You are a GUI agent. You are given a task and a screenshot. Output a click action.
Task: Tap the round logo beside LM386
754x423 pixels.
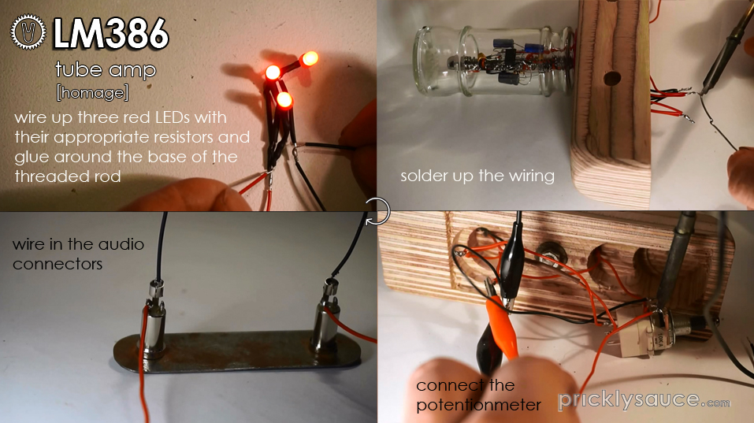[x=28, y=33]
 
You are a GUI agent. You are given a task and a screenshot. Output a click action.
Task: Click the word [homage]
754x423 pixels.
[x=92, y=92]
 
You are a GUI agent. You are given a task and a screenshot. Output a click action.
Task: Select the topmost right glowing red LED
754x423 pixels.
[x=309, y=58]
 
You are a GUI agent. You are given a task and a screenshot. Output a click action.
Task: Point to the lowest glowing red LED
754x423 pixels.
[x=284, y=100]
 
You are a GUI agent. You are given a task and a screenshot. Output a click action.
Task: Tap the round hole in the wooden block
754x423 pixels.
[x=609, y=79]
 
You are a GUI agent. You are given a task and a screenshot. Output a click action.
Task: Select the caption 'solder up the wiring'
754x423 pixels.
[x=477, y=176]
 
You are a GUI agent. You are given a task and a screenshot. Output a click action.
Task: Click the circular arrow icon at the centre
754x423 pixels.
[x=377, y=210]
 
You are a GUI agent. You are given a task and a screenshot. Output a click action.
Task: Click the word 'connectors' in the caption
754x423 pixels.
[x=58, y=264]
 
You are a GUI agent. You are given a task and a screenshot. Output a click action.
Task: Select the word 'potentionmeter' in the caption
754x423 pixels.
[x=478, y=405]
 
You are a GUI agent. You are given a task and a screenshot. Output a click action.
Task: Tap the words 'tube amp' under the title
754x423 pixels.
[x=106, y=69]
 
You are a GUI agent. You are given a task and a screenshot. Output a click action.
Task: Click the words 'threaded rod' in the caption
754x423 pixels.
[x=68, y=176]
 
